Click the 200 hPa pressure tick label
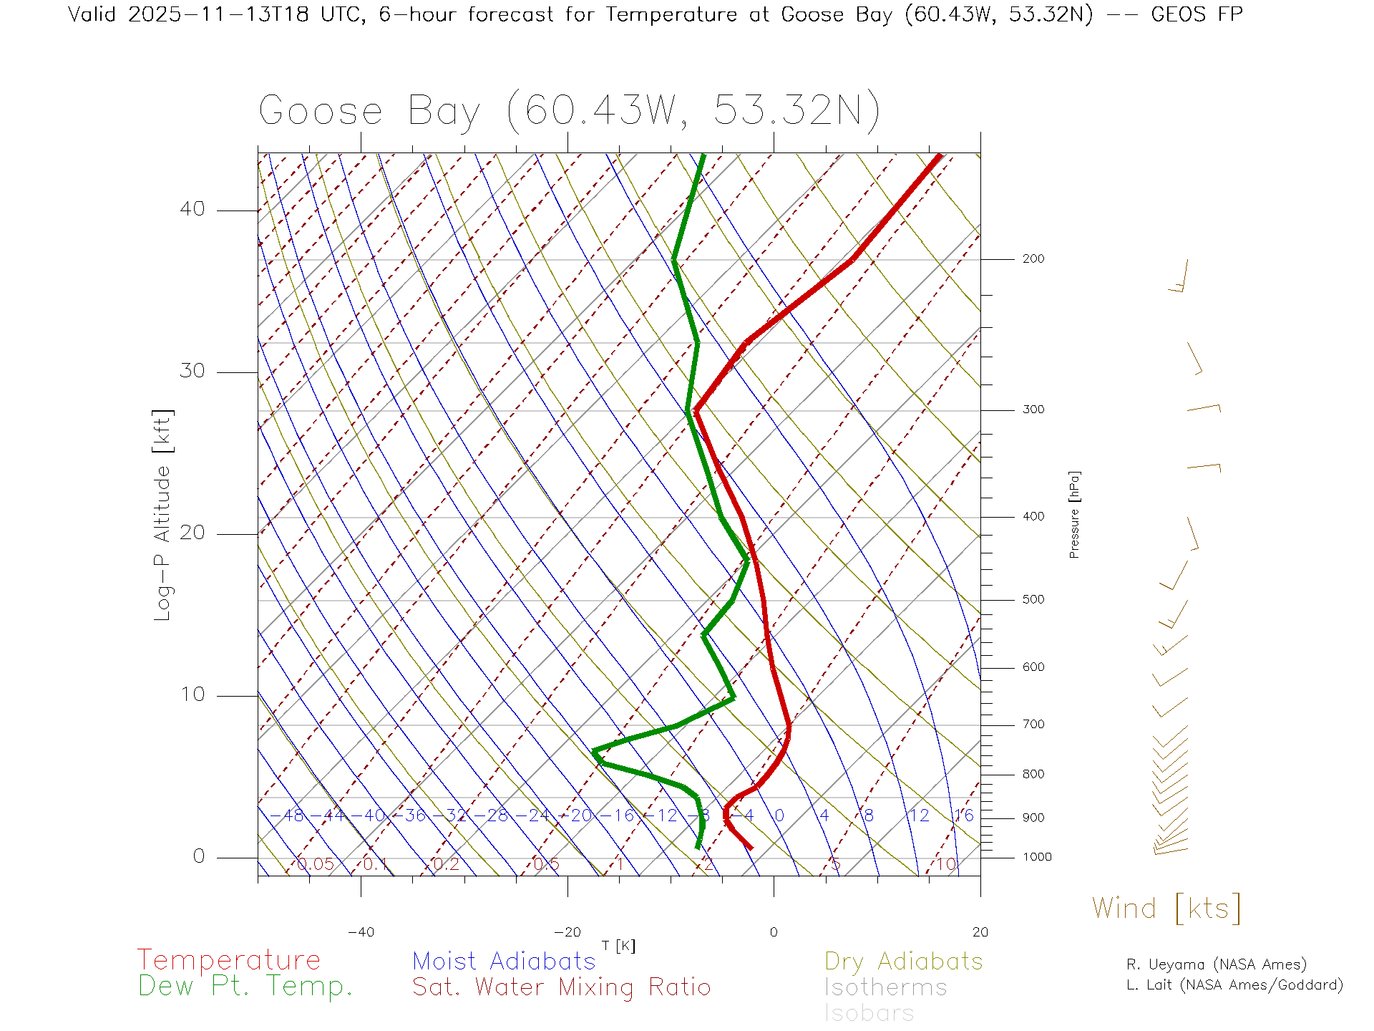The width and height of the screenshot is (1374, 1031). pos(1033,259)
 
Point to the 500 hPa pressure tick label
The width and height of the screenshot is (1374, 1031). pos(1033,600)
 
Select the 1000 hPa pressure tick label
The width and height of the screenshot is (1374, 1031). pos(1037,857)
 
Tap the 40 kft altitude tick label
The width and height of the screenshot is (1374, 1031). pos(192,209)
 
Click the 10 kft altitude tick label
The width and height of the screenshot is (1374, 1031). pos(192,694)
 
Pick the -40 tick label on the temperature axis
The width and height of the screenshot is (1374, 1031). pos(361,932)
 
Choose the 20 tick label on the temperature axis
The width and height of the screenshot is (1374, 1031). pos(980,932)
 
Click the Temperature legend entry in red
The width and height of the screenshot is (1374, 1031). pos(229,960)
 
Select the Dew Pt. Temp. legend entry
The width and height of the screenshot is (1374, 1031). pos(245,987)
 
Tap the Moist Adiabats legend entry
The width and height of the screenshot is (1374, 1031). pos(505,961)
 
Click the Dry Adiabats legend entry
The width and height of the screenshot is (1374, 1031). pos(904,961)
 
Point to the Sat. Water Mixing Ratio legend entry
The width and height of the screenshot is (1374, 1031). pos(562,987)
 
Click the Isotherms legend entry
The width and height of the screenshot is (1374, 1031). pos(886,987)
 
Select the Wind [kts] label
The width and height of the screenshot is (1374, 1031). pos(1166,908)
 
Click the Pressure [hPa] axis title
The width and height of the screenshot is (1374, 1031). pos(1074,514)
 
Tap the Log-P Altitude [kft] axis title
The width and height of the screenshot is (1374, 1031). pos(162,515)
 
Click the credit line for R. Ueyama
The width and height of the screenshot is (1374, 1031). pos(1217,964)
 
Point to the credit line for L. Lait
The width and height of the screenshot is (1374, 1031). pos(1234,985)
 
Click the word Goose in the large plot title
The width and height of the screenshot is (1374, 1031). pos(321,111)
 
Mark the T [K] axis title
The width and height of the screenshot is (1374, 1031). pos(618,946)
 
